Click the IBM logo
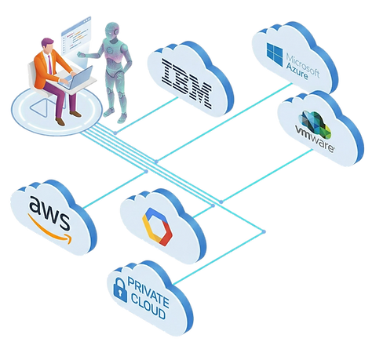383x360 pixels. coord(187,84)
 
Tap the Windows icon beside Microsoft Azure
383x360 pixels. coord(275,54)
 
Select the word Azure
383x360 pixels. coord(297,70)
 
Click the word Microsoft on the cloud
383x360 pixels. coord(303,65)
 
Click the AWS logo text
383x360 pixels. coord(49,215)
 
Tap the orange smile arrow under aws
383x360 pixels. coord(49,230)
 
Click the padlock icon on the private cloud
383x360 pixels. coord(120,290)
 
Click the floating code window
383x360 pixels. coord(76,35)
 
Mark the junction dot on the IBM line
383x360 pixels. coord(115,133)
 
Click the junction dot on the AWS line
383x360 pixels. coord(146,172)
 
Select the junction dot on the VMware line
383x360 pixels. coord(221,202)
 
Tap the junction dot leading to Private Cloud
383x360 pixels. coord(264,231)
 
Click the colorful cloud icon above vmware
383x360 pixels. coord(316,124)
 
